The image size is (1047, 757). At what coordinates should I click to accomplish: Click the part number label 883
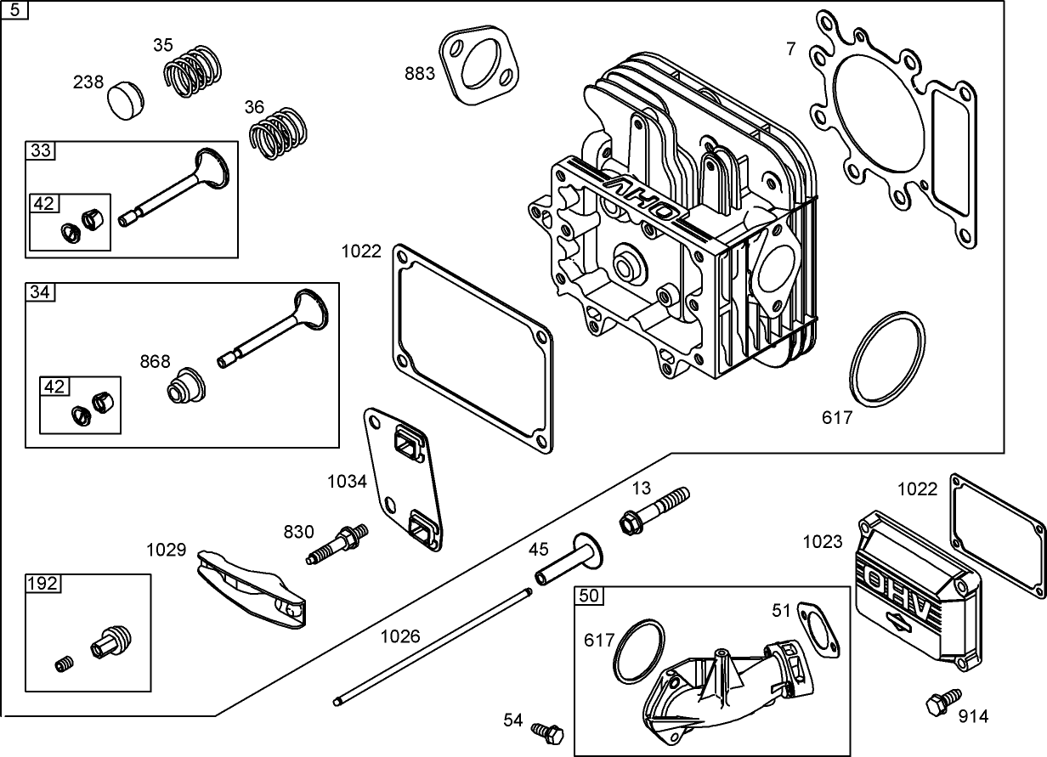pyautogui.click(x=420, y=73)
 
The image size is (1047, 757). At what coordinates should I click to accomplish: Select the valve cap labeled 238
pyautogui.click(x=127, y=99)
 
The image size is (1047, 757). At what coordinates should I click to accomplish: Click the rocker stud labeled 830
pyautogui.click(x=338, y=545)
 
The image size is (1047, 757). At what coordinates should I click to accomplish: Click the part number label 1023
pyautogui.click(x=823, y=542)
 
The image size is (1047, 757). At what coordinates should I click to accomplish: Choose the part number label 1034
pyautogui.click(x=347, y=482)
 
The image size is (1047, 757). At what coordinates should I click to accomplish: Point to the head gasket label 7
pyautogui.click(x=791, y=49)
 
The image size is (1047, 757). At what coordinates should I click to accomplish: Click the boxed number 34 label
pyautogui.click(x=40, y=292)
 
